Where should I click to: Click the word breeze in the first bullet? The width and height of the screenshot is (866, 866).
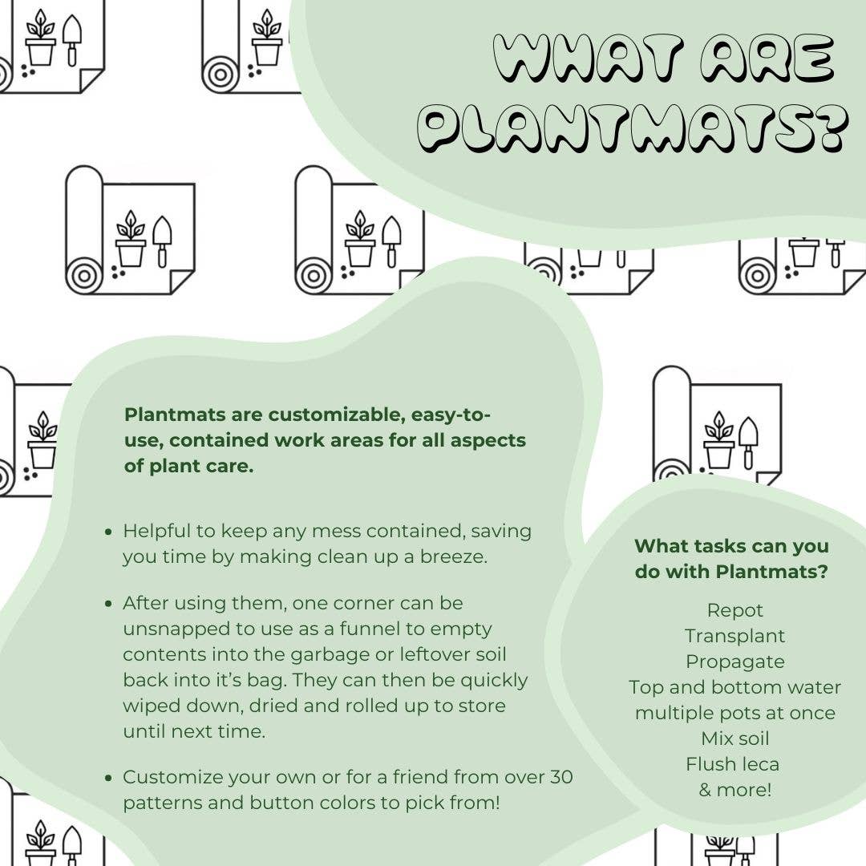point(453,556)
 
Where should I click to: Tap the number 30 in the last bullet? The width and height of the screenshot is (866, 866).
point(561,777)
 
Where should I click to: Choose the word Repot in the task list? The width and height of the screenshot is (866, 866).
point(735,611)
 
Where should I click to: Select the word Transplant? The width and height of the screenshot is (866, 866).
point(735,636)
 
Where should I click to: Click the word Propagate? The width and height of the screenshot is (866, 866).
point(735,662)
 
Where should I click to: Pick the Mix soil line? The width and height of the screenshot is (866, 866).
point(735,739)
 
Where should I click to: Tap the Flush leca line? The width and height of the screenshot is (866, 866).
point(733,764)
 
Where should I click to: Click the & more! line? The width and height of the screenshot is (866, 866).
point(735,790)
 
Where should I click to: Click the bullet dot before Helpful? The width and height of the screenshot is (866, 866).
point(108,532)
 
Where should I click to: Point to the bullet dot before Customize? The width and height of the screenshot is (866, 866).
point(108,778)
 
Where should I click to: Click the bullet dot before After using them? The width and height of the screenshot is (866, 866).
point(108,605)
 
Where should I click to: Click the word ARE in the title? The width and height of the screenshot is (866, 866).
point(767,58)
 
